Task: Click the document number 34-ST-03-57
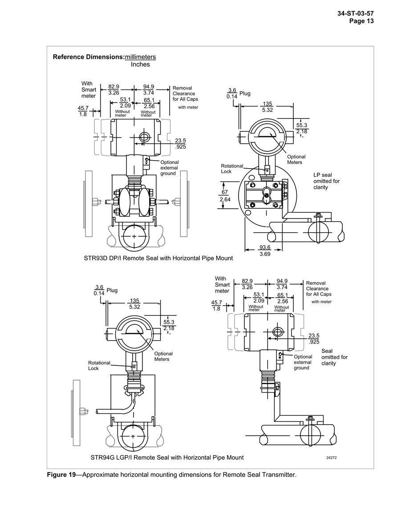[x=356, y=13]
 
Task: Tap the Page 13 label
[x=361, y=21]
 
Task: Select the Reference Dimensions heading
[x=88, y=57]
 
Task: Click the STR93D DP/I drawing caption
[x=158, y=258]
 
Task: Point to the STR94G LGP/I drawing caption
[x=167, y=457]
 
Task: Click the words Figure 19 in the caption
[x=61, y=475]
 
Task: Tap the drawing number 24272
[x=332, y=457]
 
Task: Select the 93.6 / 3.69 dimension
[x=265, y=251]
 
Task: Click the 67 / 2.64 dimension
[x=225, y=196]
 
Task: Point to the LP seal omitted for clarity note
[x=327, y=181]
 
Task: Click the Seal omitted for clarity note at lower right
[x=334, y=357]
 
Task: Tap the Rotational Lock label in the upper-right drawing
[x=232, y=169]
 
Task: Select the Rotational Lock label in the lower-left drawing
[x=99, y=365]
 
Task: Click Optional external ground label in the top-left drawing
[x=170, y=168]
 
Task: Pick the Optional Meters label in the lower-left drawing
[x=163, y=356]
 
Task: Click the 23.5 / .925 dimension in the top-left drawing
[x=180, y=144]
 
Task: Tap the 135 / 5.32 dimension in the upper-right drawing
[x=267, y=107]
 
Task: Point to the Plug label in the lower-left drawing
[x=112, y=291]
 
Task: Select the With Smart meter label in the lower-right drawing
[x=222, y=284]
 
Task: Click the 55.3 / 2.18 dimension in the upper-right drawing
[x=302, y=128]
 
